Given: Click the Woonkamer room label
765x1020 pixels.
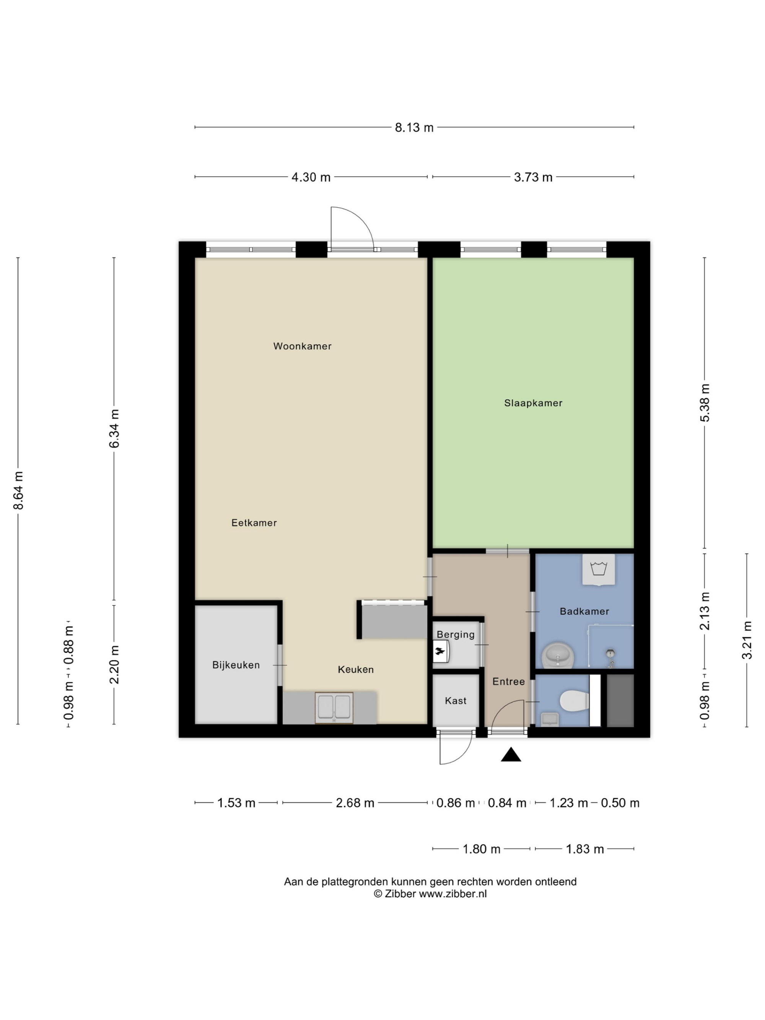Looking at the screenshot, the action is coord(302,346).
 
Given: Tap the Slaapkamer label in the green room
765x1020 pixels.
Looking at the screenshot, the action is coord(533,403).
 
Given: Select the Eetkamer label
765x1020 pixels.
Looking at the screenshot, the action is coord(254,522).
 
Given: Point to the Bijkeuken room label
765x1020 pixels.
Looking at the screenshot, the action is coord(236,665).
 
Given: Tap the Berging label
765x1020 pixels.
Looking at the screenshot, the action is coord(456,634).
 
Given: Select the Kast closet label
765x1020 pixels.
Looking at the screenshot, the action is coord(456,701).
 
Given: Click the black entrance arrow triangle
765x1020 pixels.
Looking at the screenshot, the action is coord(511,755).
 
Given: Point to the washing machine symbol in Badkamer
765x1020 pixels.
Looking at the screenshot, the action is coord(599,569).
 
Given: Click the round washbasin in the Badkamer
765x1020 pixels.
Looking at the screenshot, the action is coord(558,655).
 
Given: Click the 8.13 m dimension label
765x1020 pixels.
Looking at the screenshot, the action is coord(414,128).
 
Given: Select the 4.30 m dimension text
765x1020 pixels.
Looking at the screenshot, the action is coord(311,177).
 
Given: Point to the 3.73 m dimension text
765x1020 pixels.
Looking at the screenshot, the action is coord(533,177).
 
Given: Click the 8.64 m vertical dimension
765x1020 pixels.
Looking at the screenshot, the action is coord(18,491).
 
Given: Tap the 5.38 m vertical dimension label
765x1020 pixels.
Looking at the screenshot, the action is coord(705,403).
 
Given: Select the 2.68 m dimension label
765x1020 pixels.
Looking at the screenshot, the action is coord(355,803).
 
